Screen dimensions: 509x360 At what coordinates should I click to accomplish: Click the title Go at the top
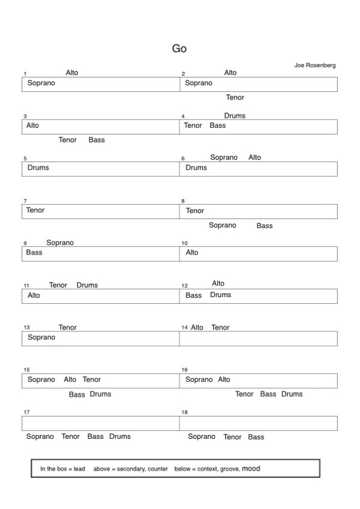[x=179, y=49]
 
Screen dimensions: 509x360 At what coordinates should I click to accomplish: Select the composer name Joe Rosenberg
[x=315, y=65]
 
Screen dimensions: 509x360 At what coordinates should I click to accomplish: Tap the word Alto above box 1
[x=72, y=73]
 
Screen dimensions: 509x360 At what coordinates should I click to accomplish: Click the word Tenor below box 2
[x=235, y=97]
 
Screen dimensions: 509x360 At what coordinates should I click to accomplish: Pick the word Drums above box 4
[x=235, y=116]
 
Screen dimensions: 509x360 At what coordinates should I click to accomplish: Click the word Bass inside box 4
[x=218, y=125]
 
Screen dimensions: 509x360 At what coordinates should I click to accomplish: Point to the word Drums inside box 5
[x=38, y=167]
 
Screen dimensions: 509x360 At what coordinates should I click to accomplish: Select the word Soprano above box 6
[x=224, y=157]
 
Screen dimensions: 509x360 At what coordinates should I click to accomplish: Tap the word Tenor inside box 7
[x=35, y=210]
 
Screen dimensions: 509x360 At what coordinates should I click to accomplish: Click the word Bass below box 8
[x=265, y=226]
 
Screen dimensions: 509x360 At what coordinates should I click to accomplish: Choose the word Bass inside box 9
[x=34, y=253]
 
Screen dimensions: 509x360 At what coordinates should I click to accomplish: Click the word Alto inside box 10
[x=192, y=253]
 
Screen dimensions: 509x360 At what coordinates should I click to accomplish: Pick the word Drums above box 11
[x=87, y=285]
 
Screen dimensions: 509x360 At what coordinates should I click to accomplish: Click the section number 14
[x=184, y=328]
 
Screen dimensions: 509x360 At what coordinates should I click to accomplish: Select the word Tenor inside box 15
[x=92, y=379]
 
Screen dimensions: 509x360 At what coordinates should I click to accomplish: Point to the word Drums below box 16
[x=292, y=394]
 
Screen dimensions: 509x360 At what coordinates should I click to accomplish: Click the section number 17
[x=26, y=413]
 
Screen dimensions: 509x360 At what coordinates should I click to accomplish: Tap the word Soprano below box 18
[x=202, y=437]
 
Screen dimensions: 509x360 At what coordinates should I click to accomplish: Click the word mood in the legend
[x=251, y=468]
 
